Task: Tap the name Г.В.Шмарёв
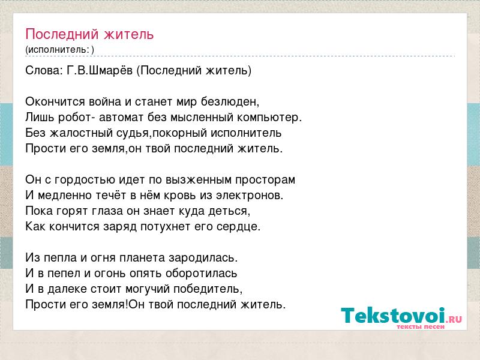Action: [x=100, y=70]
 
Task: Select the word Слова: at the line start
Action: [x=44, y=70]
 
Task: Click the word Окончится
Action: [x=55, y=102]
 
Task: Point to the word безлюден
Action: [x=230, y=102]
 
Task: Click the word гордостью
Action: [x=85, y=180]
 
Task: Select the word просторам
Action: [x=265, y=180]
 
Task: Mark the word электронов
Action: [x=250, y=196]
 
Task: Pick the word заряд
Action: [x=120, y=227]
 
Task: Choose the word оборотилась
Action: [x=202, y=274]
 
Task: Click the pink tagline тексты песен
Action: [x=421, y=326]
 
